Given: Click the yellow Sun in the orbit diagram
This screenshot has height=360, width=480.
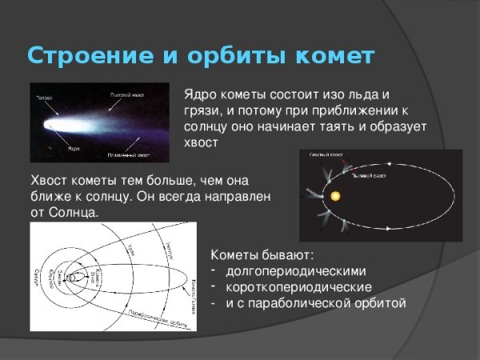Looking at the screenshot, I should click(335, 195).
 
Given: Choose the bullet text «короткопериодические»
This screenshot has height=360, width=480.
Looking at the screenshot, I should click(298, 286).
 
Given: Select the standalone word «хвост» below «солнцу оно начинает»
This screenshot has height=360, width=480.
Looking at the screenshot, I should click(201, 142).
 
